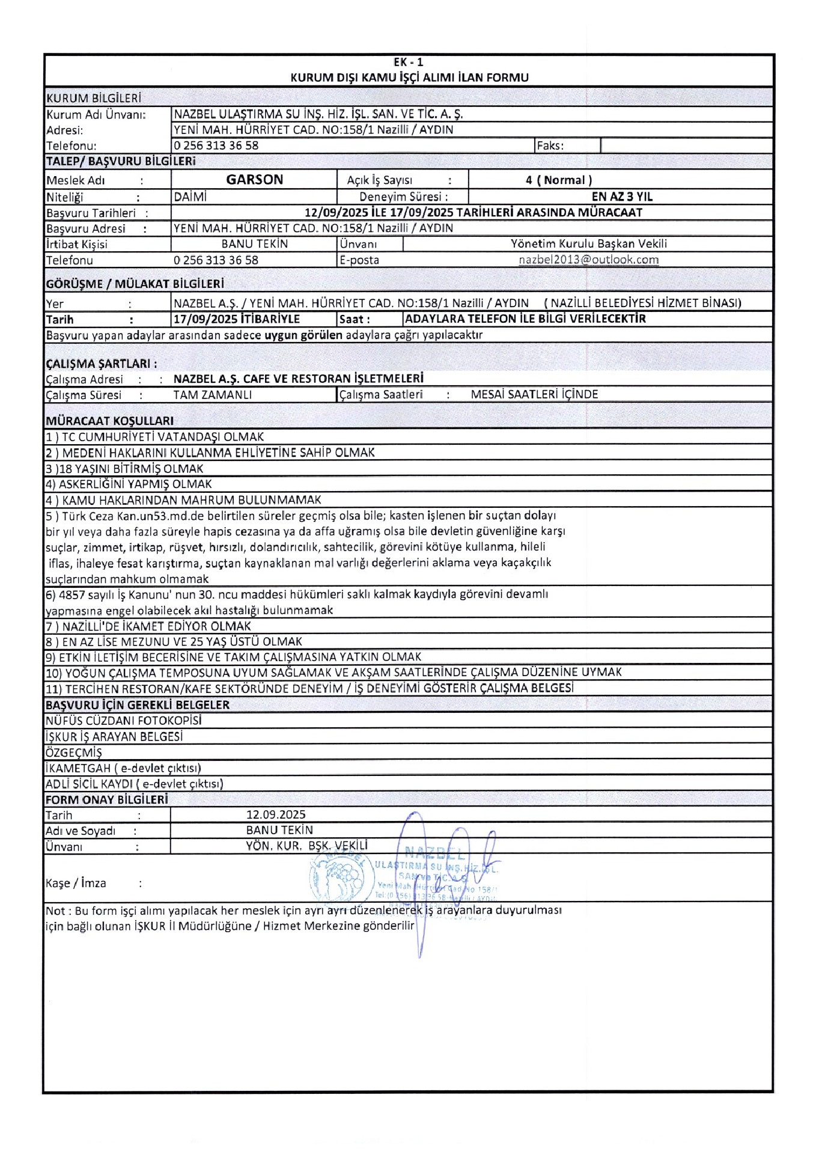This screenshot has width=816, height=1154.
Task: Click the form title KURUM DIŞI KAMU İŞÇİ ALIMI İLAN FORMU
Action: (409, 78)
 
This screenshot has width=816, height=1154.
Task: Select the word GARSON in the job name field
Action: (254, 180)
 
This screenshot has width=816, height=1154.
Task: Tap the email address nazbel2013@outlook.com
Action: (588, 260)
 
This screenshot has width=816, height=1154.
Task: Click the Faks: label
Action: (550, 145)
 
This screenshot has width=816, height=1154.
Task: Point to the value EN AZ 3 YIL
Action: (621, 197)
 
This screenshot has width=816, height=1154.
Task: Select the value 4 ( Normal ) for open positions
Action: (558, 180)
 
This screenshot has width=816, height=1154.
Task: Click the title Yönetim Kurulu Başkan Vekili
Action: (588, 243)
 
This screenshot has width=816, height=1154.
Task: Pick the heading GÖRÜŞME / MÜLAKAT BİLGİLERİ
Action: (135, 284)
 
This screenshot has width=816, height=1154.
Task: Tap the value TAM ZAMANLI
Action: (212, 395)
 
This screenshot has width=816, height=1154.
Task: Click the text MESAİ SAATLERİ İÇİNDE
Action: (534, 394)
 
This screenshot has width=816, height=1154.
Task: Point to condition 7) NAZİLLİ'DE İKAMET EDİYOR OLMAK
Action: (148, 626)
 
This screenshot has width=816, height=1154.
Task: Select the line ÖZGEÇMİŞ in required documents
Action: (74, 753)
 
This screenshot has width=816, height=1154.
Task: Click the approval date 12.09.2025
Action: (276, 814)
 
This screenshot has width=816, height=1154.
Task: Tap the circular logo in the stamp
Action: (338, 877)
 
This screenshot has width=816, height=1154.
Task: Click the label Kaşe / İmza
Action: (76, 883)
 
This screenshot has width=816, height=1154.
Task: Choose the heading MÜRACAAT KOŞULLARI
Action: (109, 421)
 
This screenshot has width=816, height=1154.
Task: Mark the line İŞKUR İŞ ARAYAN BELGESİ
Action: (114, 736)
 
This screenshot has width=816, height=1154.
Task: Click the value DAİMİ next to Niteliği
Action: (190, 197)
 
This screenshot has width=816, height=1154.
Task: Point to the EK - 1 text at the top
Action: (409, 62)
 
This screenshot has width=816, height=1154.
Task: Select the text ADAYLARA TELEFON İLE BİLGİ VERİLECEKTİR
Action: (525, 319)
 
